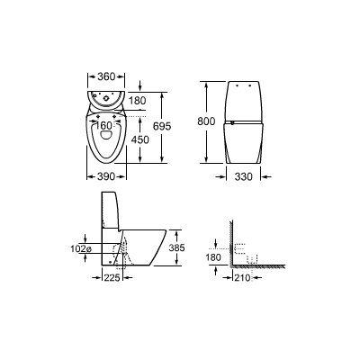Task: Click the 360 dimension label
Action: (x=106, y=76)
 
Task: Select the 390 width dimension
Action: (x=106, y=177)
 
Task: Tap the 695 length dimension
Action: (x=162, y=126)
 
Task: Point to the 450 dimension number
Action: (x=139, y=139)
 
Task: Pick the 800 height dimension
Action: (x=206, y=121)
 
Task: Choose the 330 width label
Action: (x=243, y=177)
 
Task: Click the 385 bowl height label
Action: (x=176, y=247)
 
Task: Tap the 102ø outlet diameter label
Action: (x=81, y=248)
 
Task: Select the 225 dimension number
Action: (x=112, y=278)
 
